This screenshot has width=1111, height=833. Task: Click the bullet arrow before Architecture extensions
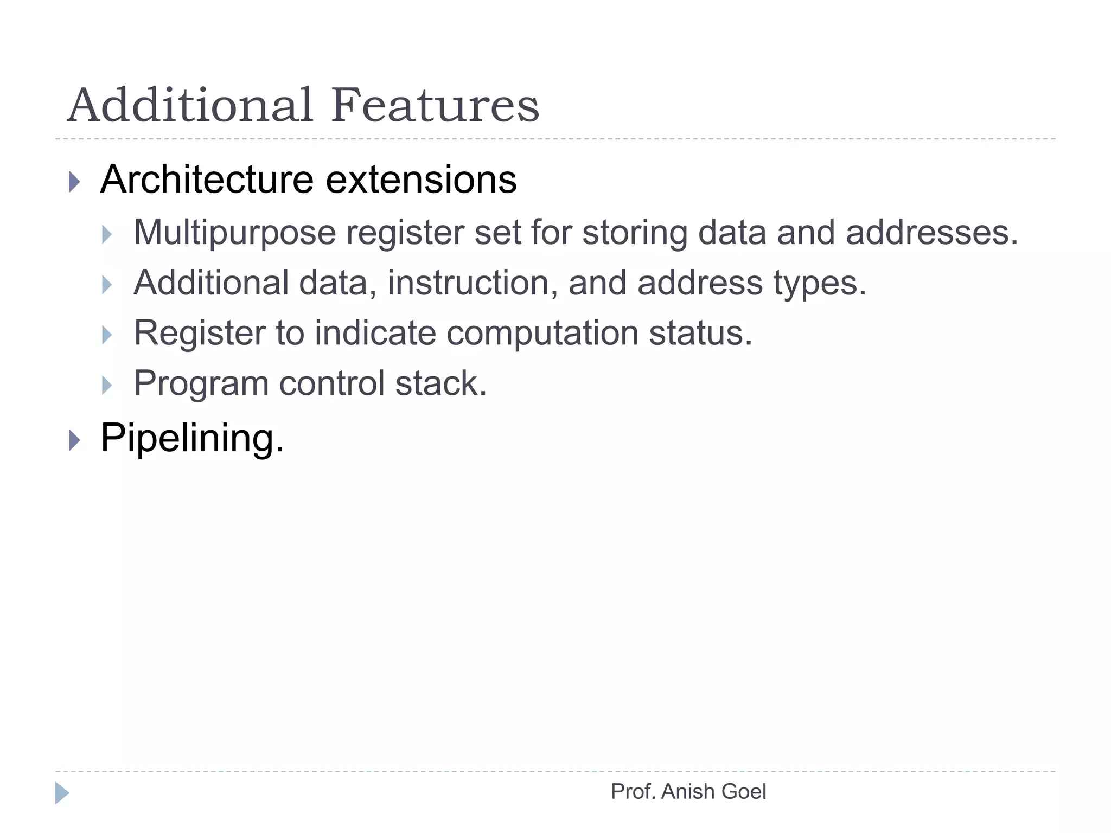(75, 182)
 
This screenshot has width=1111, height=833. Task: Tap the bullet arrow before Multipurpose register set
(107, 234)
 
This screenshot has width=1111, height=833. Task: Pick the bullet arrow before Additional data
(107, 285)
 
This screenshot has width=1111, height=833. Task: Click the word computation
(542, 333)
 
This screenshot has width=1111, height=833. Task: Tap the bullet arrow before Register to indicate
(107, 335)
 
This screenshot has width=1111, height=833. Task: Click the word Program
(201, 383)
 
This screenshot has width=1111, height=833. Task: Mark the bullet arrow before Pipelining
(75, 440)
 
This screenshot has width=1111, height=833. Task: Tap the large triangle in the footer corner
(62, 793)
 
